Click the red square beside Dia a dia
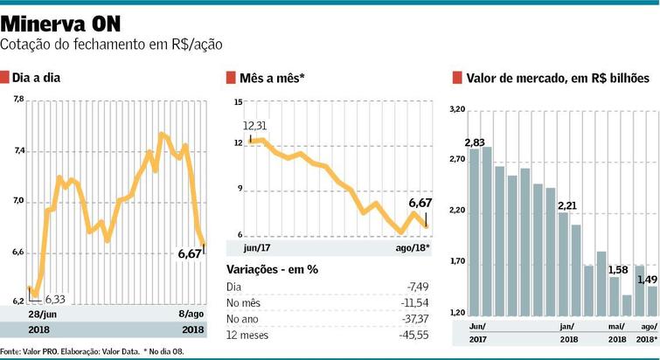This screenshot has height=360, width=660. click(5, 78)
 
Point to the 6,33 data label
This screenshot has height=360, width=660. click(56, 298)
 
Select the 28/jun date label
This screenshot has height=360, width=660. click(42, 314)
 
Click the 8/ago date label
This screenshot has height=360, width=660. click(190, 314)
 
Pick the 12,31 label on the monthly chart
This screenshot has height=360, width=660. click(255, 125)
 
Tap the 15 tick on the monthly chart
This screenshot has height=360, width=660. click(236, 102)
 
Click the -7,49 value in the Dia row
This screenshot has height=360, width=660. click(420, 286)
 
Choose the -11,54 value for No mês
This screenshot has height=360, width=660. click(416, 301)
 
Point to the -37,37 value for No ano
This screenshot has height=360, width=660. click(416, 318)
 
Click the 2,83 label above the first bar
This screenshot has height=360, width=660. click(476, 142)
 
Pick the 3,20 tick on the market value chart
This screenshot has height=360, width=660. click(456, 110)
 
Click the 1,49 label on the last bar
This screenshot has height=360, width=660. click(647, 280)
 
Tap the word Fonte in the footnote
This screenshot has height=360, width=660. click(12, 352)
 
